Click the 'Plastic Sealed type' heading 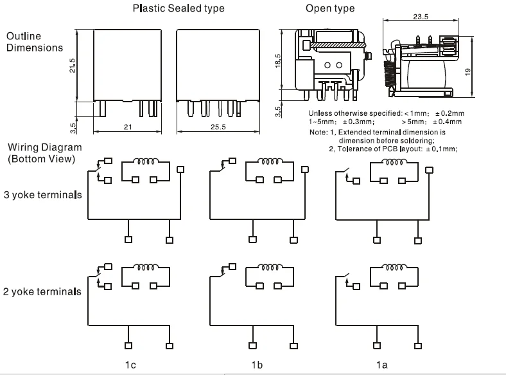[x=179, y=8]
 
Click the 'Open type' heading [x=330, y=8]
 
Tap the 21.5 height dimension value [x=72, y=65]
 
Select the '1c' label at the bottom [x=131, y=365]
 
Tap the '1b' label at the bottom [x=257, y=365]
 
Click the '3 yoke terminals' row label [x=42, y=194]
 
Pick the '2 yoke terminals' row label [x=42, y=291]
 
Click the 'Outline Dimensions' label [x=35, y=42]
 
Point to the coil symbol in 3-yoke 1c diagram [x=150, y=161]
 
